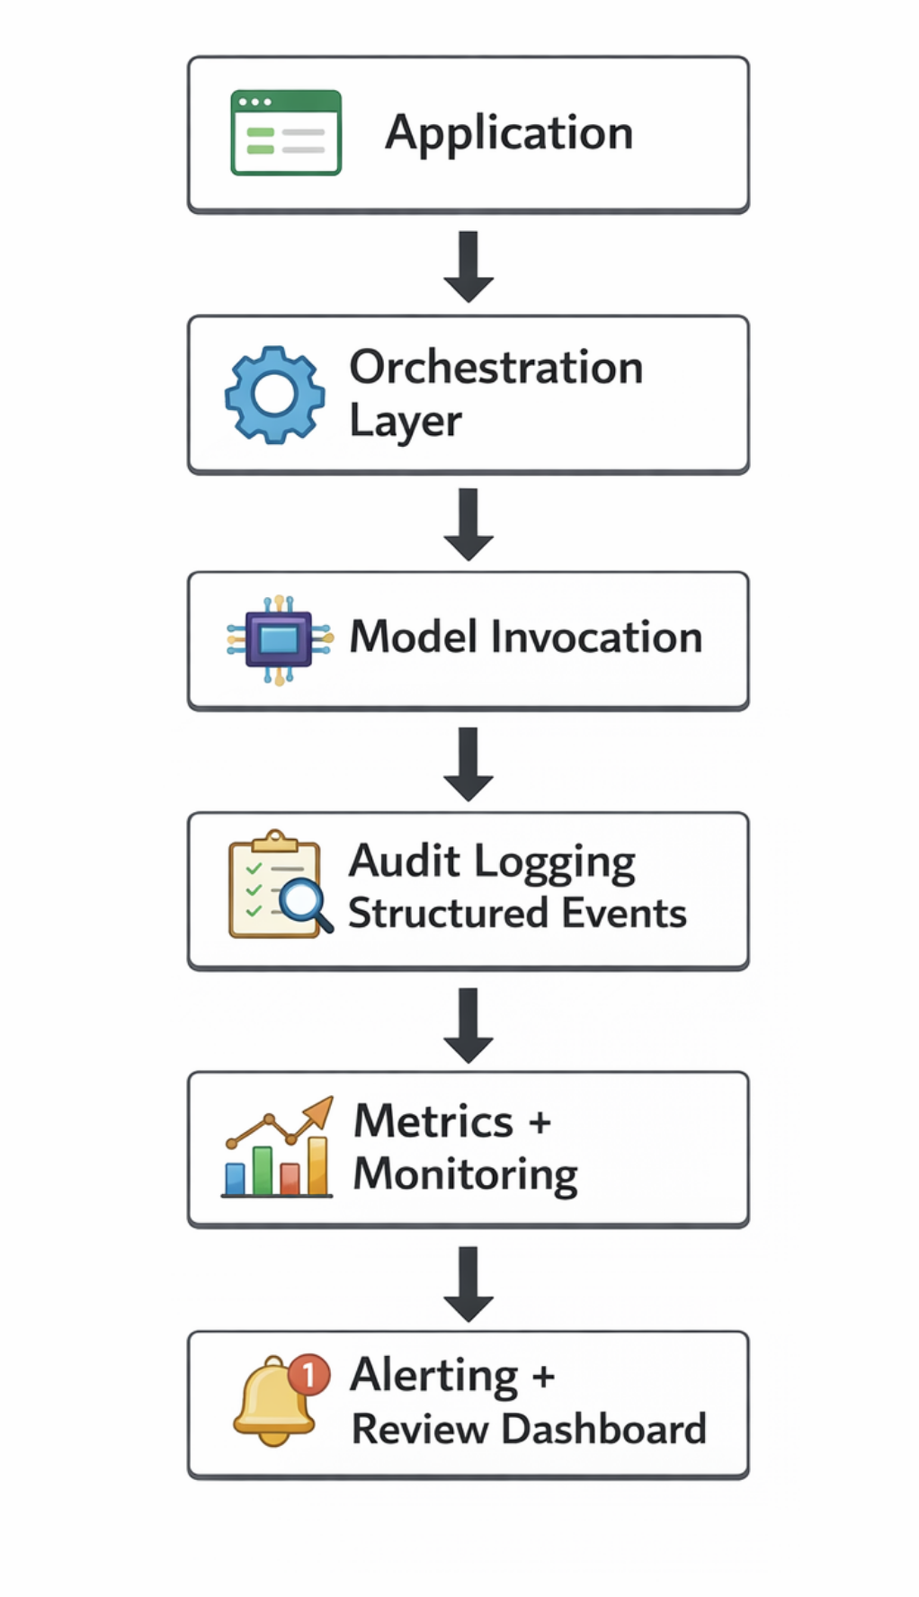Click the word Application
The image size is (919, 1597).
click(509, 133)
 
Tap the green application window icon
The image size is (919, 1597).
click(286, 132)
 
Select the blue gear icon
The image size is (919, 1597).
click(275, 395)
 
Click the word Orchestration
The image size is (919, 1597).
click(495, 368)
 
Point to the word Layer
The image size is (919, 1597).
click(405, 421)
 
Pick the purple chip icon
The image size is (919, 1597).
click(279, 639)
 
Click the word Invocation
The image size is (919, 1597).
click(596, 638)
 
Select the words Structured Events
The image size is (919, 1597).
click(517, 914)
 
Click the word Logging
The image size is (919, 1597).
click(555, 862)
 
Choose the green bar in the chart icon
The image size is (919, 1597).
click(263, 1171)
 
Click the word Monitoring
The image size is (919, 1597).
click(465, 1174)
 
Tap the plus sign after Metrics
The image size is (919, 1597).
click(540, 1122)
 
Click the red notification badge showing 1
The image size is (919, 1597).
click(309, 1375)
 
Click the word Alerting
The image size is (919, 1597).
click(434, 1375)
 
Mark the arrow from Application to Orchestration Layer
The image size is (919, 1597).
click(468, 266)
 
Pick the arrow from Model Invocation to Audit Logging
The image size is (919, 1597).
click(468, 763)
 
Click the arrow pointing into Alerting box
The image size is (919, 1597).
click(468, 1283)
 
